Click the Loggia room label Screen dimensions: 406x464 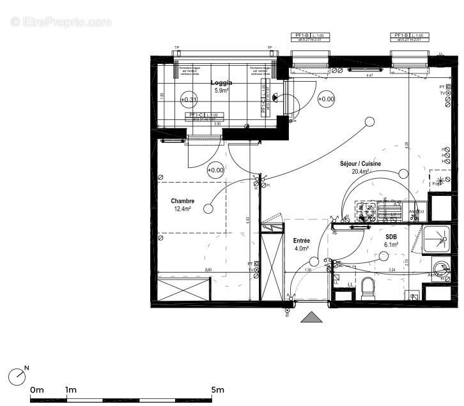point(222,83)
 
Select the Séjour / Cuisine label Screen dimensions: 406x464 point(360,164)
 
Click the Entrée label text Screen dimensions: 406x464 point(301,240)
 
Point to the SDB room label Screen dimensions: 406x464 point(391,236)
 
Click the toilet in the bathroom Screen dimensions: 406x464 point(367,290)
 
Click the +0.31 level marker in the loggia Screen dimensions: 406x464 point(189,99)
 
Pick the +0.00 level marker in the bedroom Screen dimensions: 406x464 point(215,170)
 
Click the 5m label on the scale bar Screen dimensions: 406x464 point(218,389)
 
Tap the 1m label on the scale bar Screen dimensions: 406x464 point(70,389)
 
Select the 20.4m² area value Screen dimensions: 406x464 point(360,172)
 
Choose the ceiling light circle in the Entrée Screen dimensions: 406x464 point(313,260)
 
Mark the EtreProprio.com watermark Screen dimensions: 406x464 point(61,22)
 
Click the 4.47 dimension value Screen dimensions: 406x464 point(369,75)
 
